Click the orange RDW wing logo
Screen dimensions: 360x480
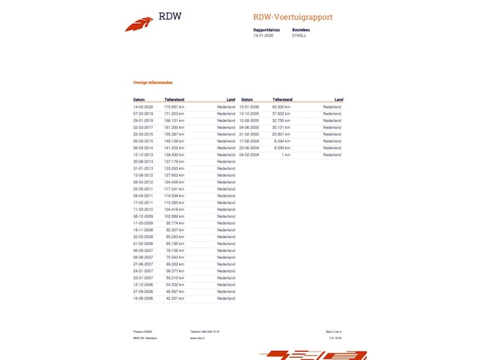[x=139, y=24]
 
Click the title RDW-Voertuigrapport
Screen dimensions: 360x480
[x=293, y=17]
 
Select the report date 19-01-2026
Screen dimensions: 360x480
[x=262, y=35]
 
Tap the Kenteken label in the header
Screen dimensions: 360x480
[x=301, y=30]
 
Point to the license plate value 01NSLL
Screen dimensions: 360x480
[x=299, y=35]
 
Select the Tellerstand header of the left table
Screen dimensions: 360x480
[x=174, y=99]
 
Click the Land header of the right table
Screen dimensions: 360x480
[x=338, y=99]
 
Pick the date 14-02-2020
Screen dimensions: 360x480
[x=142, y=106]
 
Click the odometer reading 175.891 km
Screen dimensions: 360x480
[x=174, y=106]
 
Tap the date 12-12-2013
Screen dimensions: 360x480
[x=142, y=155]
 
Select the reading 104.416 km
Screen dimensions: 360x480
[x=174, y=209]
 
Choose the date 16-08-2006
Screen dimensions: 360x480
[x=142, y=298]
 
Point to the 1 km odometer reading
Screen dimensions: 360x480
[x=286, y=155]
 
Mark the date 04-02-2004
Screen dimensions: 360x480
[x=249, y=155]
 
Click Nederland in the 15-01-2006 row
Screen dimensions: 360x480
[x=332, y=106]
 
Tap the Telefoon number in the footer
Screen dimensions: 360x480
[x=205, y=331]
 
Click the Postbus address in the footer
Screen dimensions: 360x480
[x=143, y=331]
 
